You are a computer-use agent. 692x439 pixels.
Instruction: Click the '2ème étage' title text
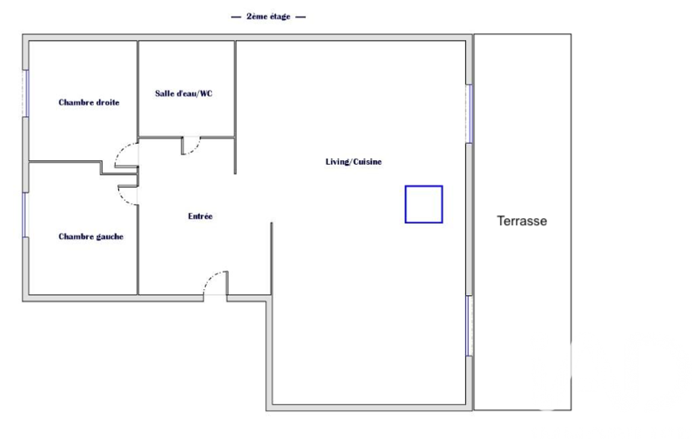(268, 17)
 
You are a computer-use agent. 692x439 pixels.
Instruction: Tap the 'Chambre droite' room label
(88, 103)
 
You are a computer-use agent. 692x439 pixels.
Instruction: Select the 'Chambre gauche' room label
(91, 237)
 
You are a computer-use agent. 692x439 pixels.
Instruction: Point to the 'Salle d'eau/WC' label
(184, 94)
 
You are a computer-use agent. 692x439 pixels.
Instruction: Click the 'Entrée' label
(201, 216)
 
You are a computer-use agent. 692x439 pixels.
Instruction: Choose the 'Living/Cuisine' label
(354, 161)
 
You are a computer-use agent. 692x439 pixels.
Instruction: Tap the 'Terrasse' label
(522, 221)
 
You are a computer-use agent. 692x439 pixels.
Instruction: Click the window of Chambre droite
(26, 93)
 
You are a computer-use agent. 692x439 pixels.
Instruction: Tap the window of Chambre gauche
(26, 215)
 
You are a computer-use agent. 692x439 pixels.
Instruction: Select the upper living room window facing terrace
(469, 113)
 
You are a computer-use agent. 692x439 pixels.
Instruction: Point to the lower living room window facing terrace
(469, 326)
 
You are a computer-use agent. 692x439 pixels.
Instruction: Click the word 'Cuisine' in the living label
(367, 161)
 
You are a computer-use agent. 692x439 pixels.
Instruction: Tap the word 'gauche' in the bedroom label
(109, 237)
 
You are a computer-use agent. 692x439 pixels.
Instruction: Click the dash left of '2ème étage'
(236, 18)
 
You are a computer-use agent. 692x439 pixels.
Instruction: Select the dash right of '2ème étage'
(300, 18)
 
